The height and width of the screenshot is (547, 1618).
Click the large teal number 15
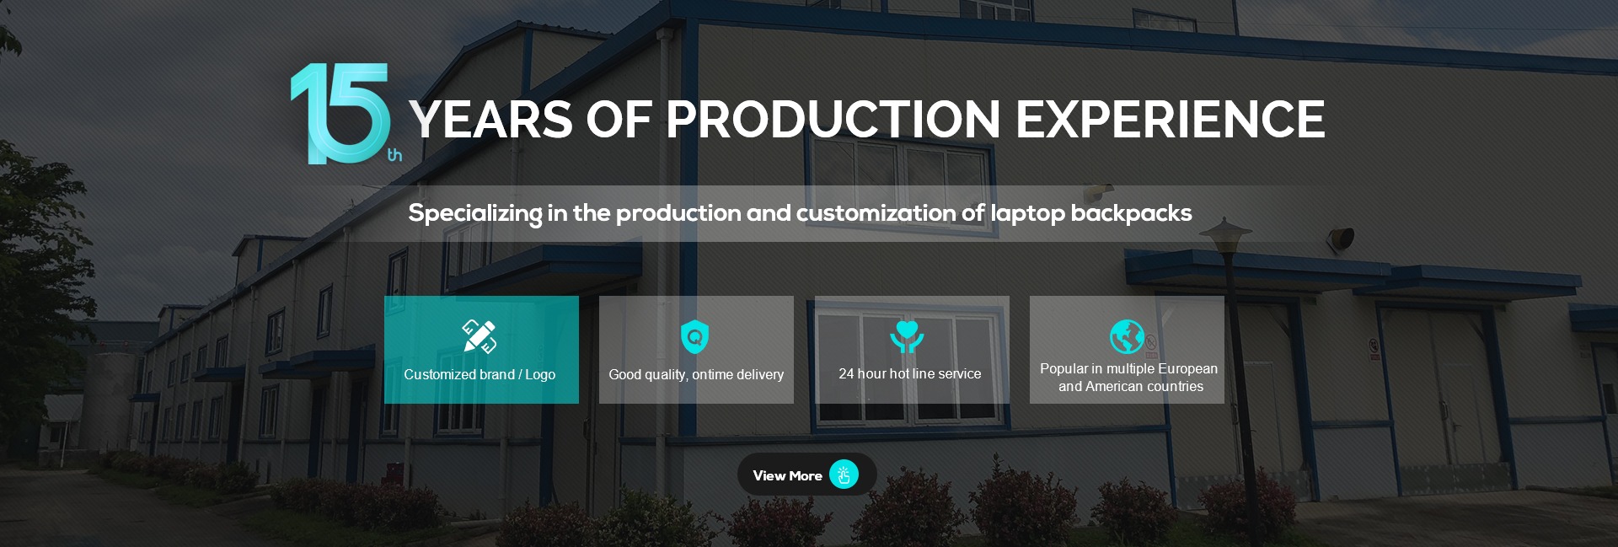pos(341,114)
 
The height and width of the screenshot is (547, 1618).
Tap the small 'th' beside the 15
pos(394,155)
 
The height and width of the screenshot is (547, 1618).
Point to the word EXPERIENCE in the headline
pos(1171,119)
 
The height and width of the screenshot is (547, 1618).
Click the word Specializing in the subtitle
pos(475,213)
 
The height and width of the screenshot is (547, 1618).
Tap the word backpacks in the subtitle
pos(1131,213)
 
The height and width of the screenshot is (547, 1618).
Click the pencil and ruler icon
pos(480,336)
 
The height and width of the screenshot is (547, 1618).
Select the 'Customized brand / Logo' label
pos(480,374)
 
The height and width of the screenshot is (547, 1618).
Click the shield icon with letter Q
pos(694,337)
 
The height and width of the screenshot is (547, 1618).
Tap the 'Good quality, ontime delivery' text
pos(696,374)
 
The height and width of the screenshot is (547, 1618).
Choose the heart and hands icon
pos(907,337)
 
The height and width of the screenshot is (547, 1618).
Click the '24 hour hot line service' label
pos(910,373)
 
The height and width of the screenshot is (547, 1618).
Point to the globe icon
pos(1127,336)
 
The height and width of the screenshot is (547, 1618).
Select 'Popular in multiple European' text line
pos(1128,369)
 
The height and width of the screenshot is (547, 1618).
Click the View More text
pos(787,475)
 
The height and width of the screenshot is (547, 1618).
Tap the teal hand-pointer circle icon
pos(844,475)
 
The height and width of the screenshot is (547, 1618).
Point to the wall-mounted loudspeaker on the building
pos(1340,239)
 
